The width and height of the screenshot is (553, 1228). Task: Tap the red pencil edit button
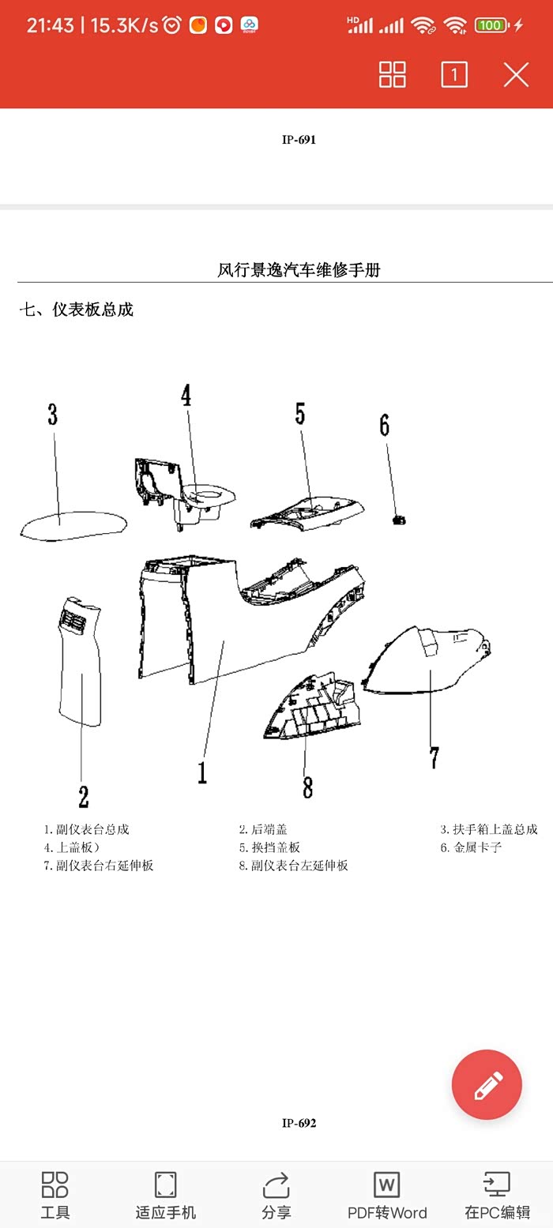[487, 1084]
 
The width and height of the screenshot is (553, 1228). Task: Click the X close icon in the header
[516, 75]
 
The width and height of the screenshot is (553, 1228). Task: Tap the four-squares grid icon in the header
[393, 75]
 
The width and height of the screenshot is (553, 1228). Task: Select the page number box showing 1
[454, 75]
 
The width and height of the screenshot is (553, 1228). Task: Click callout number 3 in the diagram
[52, 415]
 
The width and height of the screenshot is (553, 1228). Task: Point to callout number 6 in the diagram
[385, 426]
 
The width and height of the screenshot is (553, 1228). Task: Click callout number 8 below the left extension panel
[307, 787]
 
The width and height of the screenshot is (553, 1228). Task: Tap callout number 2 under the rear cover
[83, 797]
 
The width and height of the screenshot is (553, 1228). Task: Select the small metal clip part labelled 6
[400, 520]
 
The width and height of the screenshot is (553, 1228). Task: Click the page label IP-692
[299, 1123]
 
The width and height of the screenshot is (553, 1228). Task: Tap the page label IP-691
[299, 140]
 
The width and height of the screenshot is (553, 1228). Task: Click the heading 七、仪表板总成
[77, 310]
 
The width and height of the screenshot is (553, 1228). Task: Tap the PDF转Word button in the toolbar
[387, 1196]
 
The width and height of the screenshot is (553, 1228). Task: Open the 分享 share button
[276, 1196]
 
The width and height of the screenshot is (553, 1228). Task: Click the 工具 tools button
[55, 1196]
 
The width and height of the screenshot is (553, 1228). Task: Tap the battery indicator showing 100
[491, 25]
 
